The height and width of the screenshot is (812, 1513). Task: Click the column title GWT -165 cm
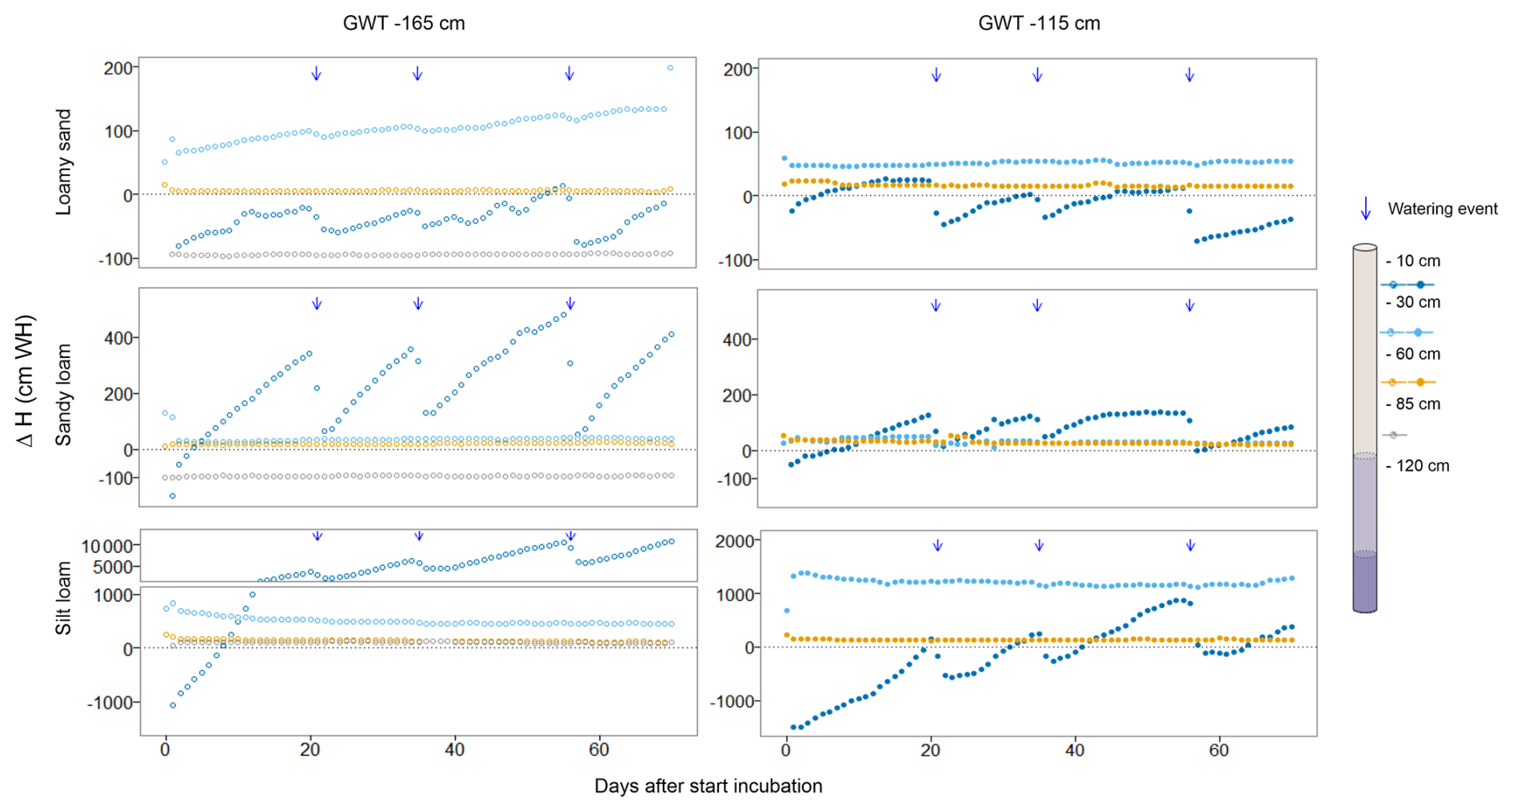404,23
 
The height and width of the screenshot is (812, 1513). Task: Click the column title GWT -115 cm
1039,23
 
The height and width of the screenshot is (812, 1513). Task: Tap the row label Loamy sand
64,162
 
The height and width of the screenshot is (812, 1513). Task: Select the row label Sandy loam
64,395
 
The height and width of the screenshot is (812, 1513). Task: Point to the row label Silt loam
64,598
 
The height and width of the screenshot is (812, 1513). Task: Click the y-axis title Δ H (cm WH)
26,381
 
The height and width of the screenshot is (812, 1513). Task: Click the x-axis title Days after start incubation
708,786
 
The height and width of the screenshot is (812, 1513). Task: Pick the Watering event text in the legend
1443,209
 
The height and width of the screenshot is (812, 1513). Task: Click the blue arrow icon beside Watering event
1366,209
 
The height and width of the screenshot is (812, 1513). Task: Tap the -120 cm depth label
1417,466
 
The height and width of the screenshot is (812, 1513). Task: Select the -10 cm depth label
1413,261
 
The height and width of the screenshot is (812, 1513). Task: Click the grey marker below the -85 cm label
1394,435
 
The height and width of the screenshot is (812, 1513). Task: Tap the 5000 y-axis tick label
118,567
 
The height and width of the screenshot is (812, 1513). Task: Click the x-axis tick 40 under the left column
454,750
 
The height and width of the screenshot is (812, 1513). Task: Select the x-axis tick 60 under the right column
1219,751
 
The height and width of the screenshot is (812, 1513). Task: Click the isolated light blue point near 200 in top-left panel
670,68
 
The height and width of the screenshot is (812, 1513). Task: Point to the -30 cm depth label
1413,302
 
